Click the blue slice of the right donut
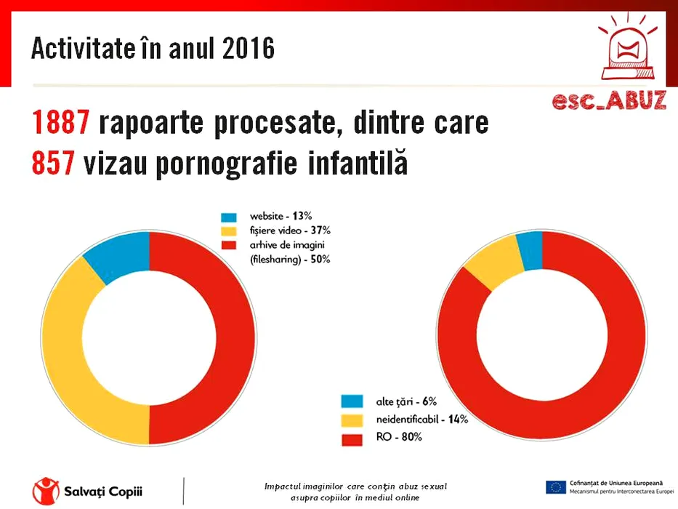[530, 249]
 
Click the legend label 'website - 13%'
[280, 217]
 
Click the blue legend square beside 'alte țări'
[352, 401]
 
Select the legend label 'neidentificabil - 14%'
[421, 420]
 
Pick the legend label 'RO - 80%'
[398, 438]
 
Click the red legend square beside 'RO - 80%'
[352, 438]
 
